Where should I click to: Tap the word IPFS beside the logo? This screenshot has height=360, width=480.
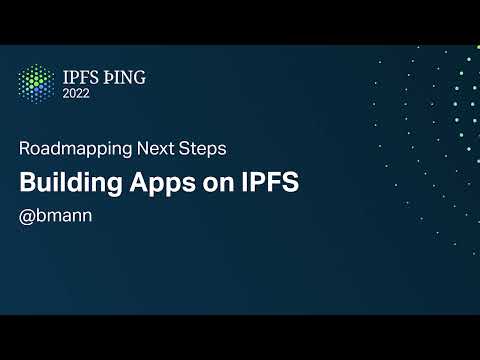pos(81,75)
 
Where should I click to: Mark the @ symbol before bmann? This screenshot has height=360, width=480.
pos(27,216)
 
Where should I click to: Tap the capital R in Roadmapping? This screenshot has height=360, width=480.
pos(24,148)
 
